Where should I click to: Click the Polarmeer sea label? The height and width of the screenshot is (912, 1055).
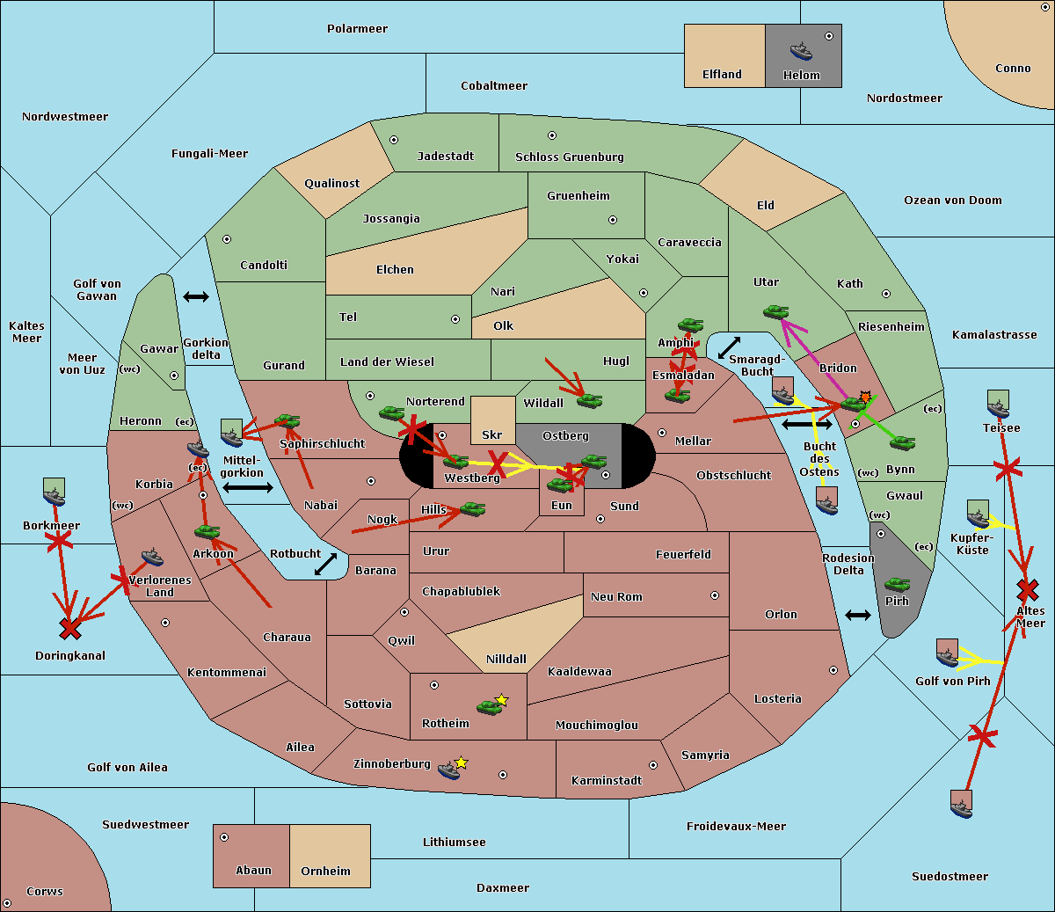coord(357,29)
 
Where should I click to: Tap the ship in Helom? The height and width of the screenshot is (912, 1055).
coord(801,51)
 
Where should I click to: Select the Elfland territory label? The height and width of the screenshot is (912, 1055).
coord(722,75)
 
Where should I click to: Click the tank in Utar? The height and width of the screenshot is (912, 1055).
coord(775,311)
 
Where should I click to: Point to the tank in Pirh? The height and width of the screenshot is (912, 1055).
coord(897,584)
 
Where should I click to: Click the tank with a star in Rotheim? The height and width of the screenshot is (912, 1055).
coord(490,706)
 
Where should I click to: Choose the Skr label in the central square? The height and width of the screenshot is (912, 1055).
coord(492,434)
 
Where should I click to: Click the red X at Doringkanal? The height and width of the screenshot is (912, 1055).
coord(70,629)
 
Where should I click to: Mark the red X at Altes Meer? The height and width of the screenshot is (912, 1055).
coord(1027,588)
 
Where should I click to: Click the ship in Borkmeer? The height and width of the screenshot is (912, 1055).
coord(55,497)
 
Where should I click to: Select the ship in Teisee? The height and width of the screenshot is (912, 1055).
coord(998,408)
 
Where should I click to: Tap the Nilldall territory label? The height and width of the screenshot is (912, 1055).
coord(506,659)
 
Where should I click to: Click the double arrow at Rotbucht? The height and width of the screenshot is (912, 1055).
coord(326,565)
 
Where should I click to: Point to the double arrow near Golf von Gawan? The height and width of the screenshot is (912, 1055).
coord(196,297)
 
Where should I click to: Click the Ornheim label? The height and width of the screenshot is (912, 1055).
coord(325,872)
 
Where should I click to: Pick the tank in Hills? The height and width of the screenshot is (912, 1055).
coord(472,508)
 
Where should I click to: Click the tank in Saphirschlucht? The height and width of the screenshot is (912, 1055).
coord(287,421)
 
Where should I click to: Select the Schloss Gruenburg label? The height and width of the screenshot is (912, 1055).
coord(569,157)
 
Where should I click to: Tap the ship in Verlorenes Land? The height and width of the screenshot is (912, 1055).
coord(152,557)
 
